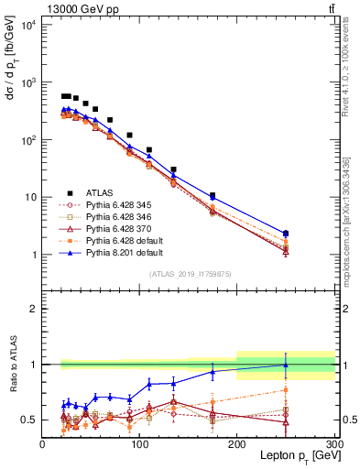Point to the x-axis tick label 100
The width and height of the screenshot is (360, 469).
140,444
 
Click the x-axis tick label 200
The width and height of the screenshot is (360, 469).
237,444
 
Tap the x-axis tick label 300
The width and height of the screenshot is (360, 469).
333,444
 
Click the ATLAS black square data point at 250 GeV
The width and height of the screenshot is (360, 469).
286,234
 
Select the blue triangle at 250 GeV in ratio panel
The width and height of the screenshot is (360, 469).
286,365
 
